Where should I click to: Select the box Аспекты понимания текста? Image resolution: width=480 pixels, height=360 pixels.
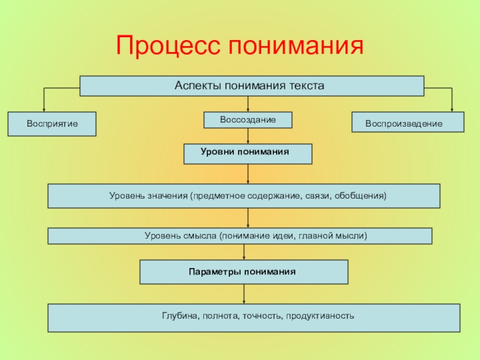click(252, 86)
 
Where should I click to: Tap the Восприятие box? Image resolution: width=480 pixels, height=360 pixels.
click(52, 124)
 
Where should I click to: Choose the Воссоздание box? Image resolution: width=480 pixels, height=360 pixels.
click(248, 120)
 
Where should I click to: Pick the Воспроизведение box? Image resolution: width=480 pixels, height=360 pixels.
click(407, 122)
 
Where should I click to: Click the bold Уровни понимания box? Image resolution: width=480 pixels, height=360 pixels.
click(248, 154)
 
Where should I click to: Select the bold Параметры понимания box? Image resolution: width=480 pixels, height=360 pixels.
click(244, 272)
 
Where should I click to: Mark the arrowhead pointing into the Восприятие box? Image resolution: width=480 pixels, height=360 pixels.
click(44, 109)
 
